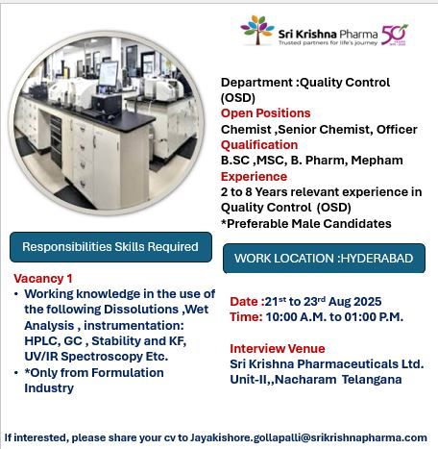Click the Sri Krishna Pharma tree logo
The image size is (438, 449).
256,30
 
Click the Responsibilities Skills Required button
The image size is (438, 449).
109,247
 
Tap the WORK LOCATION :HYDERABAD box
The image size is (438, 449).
324,259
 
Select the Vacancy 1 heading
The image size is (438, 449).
44,277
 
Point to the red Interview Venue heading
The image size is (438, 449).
278,348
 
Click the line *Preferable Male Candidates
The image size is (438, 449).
306,223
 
